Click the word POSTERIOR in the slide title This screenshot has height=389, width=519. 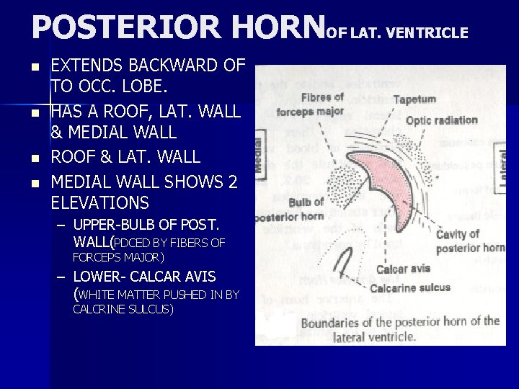point(125,27)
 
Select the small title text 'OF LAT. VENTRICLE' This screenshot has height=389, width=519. point(397,32)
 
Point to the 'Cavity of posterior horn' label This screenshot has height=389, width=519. point(469,241)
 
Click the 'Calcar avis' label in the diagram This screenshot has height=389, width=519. point(403,269)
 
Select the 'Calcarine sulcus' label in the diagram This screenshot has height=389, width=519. point(409,288)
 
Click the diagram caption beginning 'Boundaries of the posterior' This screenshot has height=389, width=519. point(399,328)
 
